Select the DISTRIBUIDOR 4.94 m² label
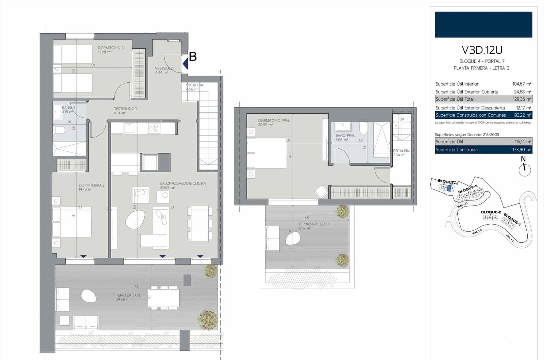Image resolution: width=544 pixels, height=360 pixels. pyautogui.click(x=125, y=111)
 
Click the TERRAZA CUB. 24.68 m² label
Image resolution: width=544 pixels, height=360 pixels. pyautogui.click(x=128, y=297)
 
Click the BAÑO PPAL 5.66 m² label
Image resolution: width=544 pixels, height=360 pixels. pyautogui.click(x=345, y=137)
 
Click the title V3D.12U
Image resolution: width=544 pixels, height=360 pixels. pyautogui.click(x=482, y=50)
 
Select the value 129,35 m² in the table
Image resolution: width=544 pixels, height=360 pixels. pyautogui.click(x=522, y=99)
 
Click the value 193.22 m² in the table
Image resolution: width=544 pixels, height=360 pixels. pyautogui.click(x=522, y=115)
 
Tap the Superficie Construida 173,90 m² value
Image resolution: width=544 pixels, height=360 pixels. pyautogui.click(x=522, y=150)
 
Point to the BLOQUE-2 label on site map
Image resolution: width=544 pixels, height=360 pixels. pyautogui.click(x=491, y=212)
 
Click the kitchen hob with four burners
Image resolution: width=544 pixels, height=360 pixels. pyautogui.click(x=154, y=128)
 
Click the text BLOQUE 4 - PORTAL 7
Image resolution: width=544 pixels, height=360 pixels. pyautogui.click(x=482, y=61)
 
